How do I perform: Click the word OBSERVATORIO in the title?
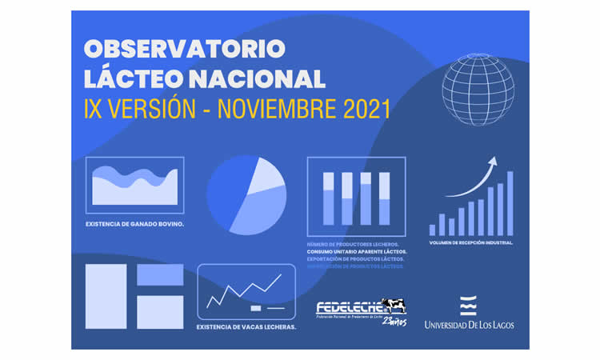pyautogui.click(x=185, y=49)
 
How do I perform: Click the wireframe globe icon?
pyautogui.click(x=478, y=90)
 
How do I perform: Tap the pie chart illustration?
pyautogui.click(x=246, y=194)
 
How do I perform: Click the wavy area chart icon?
pyautogui.click(x=134, y=186)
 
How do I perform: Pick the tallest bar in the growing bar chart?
pyautogui.click(x=510, y=203)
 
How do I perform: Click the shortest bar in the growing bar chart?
pyautogui.click(x=433, y=230)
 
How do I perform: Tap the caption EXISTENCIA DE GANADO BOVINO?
pyautogui.click(x=134, y=224)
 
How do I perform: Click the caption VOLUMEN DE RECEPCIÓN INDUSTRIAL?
pyautogui.click(x=471, y=242)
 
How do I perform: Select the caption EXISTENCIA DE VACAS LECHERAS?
pyautogui.click(x=246, y=326)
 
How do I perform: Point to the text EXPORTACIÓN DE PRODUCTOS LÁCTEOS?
pyautogui.click(x=355, y=258)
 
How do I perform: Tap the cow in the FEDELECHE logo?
pyautogui.click(x=394, y=305)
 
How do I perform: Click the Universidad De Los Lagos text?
pyautogui.click(x=470, y=325)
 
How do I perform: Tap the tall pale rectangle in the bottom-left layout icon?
pyautogui.click(x=106, y=296)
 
